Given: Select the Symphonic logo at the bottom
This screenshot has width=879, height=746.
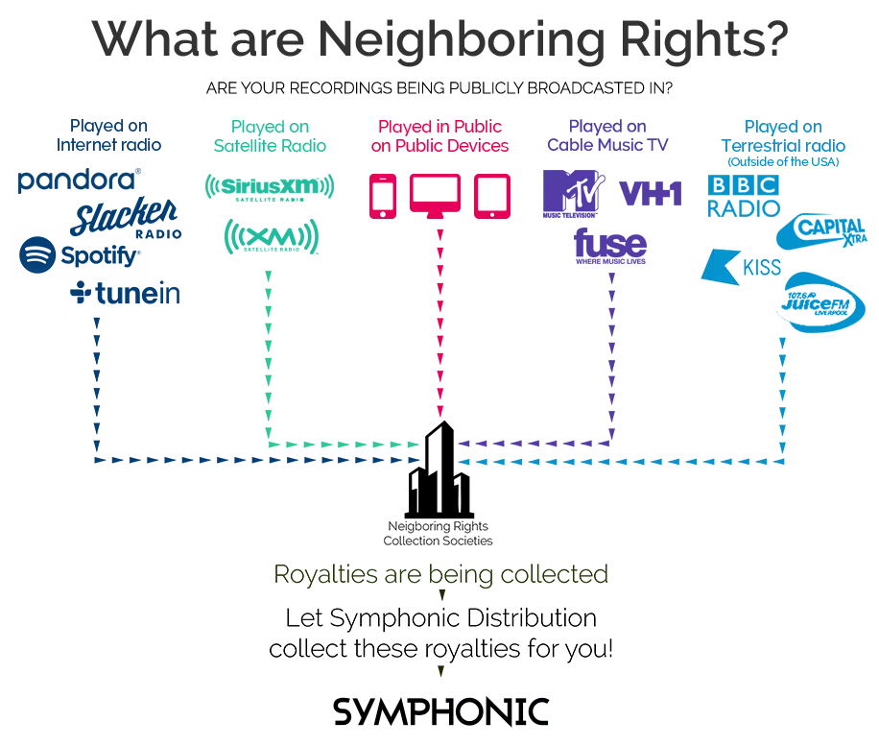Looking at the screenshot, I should pos(441,709).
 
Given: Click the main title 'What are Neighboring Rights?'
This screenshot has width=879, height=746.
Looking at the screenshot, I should pos(439,38).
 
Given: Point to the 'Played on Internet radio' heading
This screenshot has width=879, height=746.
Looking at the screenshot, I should pos(114,135).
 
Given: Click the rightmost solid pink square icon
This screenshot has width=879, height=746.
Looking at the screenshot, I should pos(490,195).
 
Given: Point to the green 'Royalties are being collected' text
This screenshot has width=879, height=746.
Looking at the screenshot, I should pos(440,573).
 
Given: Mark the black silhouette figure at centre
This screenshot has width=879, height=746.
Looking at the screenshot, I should pos(441,480).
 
